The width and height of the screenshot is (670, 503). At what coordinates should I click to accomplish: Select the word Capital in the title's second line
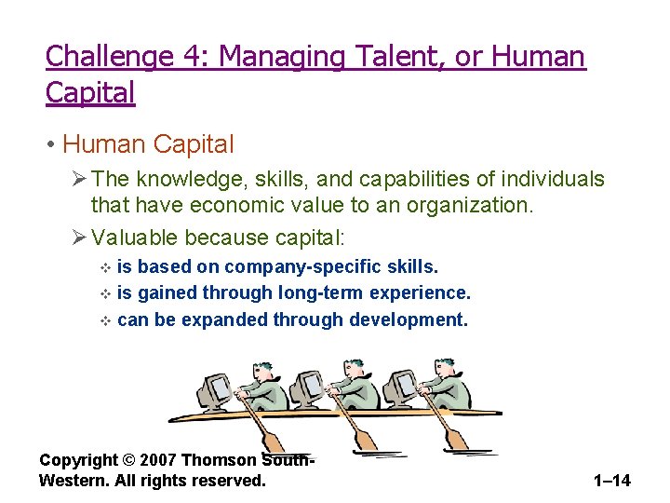[x=90, y=92]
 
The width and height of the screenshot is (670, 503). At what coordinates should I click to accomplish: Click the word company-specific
[x=301, y=267]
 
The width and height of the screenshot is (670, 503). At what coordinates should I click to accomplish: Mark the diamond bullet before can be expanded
[x=104, y=320]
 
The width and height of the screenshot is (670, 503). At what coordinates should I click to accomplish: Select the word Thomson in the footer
[x=221, y=460]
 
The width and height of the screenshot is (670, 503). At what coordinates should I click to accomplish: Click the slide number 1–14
[x=611, y=481]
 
